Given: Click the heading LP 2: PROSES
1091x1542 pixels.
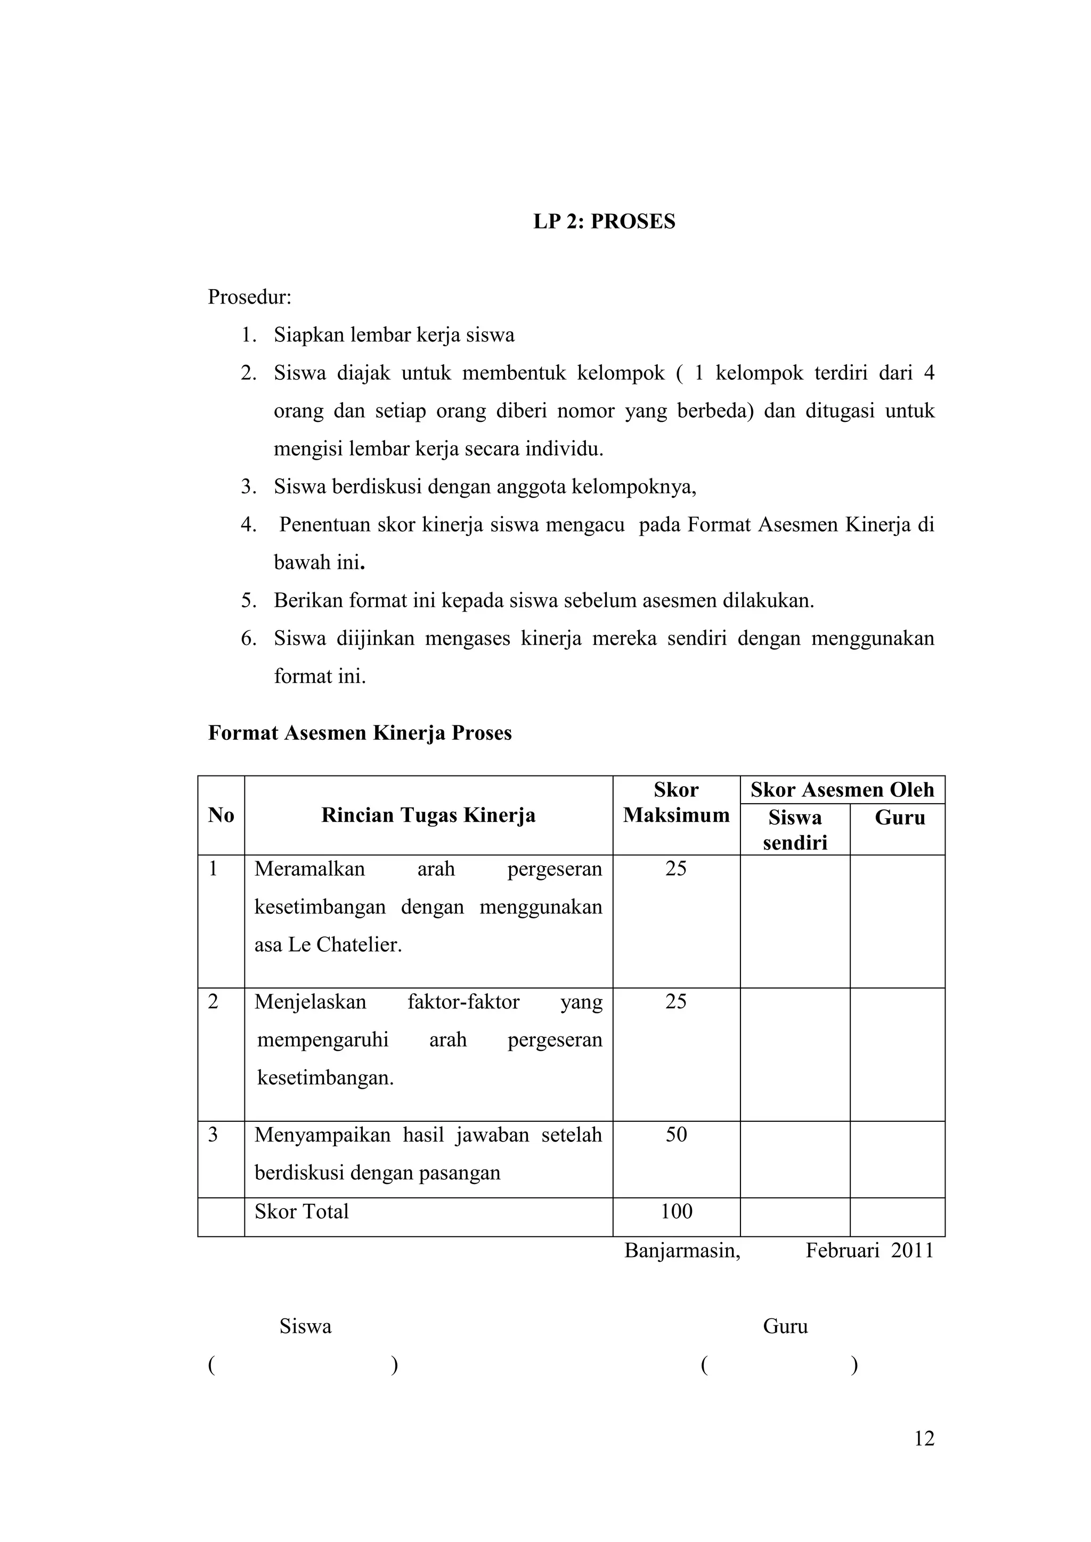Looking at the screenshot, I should tap(604, 222).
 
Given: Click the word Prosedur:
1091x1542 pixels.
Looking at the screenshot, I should tap(249, 297).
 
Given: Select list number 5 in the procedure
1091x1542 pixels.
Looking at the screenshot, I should tap(249, 600).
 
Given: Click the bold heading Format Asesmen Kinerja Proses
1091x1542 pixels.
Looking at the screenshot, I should tap(360, 733).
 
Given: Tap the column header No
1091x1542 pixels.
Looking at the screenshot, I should tap(221, 815).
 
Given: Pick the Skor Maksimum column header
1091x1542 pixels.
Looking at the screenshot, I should tap(676, 803).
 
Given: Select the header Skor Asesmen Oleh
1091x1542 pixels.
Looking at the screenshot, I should tap(842, 790).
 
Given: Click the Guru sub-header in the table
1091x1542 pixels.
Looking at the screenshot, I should tap(900, 818).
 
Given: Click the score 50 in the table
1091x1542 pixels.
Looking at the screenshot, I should tap(676, 1135).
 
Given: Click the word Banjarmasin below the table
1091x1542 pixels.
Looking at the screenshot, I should tap(682, 1251).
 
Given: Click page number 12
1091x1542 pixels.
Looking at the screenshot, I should tap(924, 1439).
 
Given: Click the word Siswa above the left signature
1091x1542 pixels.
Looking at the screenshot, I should tap(305, 1326).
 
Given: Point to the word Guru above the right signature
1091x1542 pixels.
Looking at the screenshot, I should tap(785, 1326).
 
